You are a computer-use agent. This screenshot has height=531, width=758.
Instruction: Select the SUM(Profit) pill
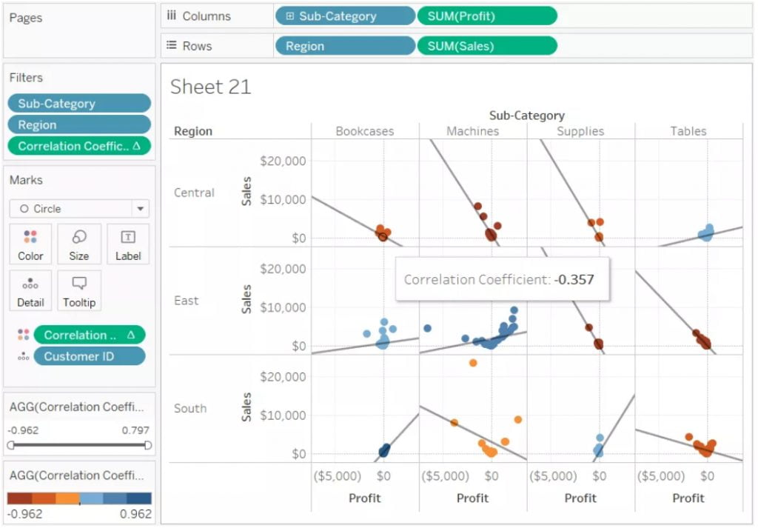[x=486, y=16]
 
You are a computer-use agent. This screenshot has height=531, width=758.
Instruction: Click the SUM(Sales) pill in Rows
[x=486, y=46]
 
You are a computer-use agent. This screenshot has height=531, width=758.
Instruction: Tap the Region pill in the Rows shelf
[x=344, y=46]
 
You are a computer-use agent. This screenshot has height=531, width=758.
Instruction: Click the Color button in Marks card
[x=30, y=244]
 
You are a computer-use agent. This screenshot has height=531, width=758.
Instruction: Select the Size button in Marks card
[x=79, y=244]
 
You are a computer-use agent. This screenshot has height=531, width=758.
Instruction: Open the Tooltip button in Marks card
[x=79, y=290]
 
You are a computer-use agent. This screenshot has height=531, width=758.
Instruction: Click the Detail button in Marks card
[x=30, y=290]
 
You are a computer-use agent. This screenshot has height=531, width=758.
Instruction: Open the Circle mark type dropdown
[x=79, y=209]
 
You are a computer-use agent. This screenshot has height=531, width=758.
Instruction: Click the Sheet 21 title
[x=211, y=87]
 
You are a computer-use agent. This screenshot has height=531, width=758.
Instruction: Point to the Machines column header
[x=472, y=131]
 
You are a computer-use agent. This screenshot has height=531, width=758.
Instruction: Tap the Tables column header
[x=688, y=131]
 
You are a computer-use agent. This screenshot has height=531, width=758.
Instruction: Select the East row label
[x=187, y=301]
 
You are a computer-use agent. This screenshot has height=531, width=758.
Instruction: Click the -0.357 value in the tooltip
[x=574, y=280]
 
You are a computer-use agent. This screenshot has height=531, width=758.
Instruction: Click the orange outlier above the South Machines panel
[x=473, y=363]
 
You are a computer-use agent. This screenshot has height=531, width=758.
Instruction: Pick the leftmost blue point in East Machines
[x=427, y=328]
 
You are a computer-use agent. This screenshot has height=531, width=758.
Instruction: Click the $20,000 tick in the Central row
[x=284, y=161]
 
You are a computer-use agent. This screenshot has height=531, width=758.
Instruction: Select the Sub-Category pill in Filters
[x=79, y=104]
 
